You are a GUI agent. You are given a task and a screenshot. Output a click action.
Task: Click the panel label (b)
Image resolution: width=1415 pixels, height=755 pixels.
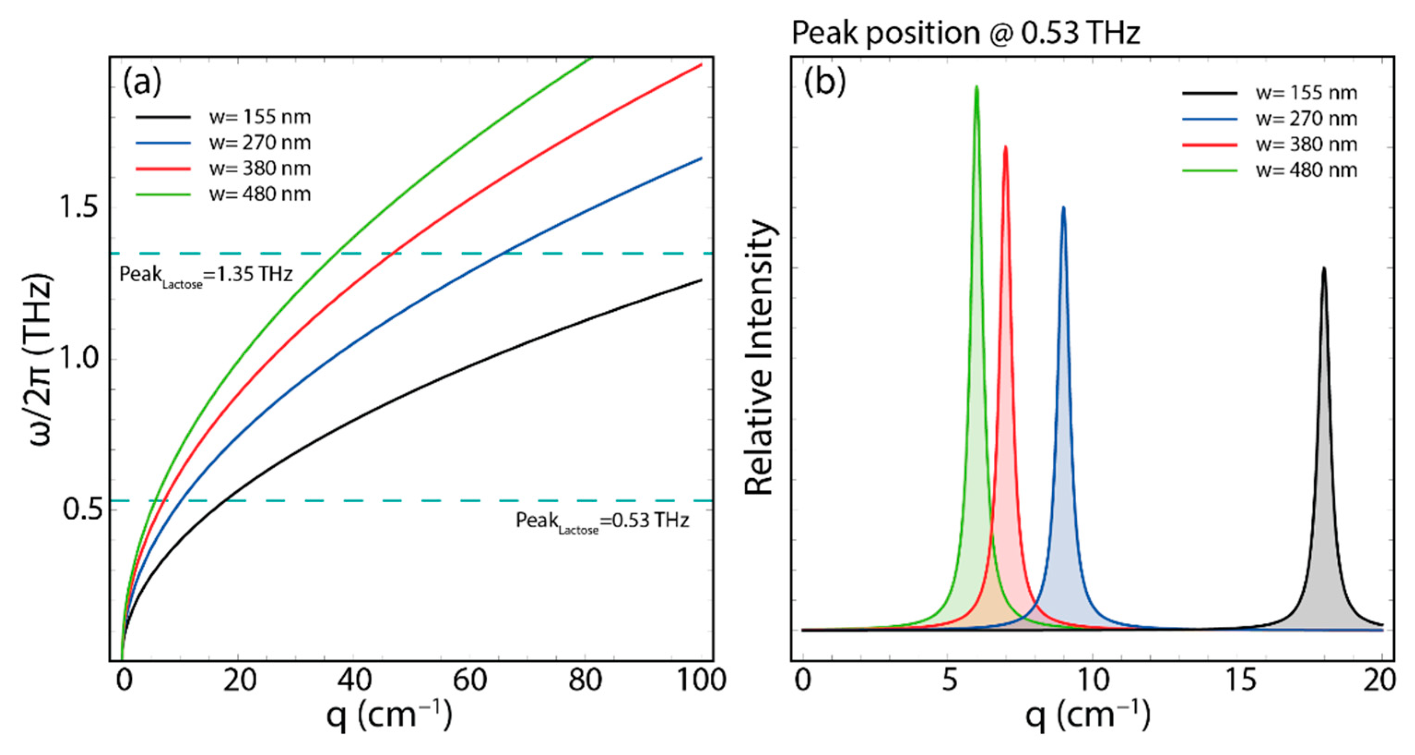pyautogui.click(x=825, y=82)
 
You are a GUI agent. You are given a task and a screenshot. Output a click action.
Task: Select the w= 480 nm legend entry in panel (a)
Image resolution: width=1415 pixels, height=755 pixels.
pyautogui.click(x=260, y=194)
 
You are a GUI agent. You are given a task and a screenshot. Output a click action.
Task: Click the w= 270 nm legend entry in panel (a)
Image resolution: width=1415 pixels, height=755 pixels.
pyautogui.click(x=260, y=143)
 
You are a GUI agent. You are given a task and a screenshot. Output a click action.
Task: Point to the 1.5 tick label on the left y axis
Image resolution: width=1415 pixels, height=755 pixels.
pyautogui.click(x=78, y=208)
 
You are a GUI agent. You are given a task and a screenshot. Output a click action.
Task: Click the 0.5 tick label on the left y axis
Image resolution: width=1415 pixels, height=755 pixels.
pyautogui.click(x=83, y=509)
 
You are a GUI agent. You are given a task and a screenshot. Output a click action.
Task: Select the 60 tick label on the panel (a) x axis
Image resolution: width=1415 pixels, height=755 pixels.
pyautogui.click(x=470, y=680)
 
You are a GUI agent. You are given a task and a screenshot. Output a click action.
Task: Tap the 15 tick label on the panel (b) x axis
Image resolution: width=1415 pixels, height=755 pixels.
pyautogui.click(x=1240, y=680)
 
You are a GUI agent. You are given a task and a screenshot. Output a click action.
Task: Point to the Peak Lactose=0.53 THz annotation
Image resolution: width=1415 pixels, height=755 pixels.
pyautogui.click(x=602, y=520)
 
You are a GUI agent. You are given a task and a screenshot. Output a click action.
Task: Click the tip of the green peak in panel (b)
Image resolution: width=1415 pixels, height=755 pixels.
pyautogui.click(x=976, y=87)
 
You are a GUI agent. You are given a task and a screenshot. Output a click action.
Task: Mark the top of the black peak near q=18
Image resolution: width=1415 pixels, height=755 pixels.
pyautogui.click(x=1324, y=268)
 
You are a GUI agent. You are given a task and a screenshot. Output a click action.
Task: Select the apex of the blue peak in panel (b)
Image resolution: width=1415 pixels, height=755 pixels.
pyautogui.click(x=1063, y=208)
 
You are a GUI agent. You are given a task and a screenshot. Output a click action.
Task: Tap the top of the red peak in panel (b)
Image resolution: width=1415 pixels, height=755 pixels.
pyautogui.click(x=1006, y=147)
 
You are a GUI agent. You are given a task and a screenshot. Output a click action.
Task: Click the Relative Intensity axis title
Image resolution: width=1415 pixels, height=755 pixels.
pyautogui.click(x=760, y=357)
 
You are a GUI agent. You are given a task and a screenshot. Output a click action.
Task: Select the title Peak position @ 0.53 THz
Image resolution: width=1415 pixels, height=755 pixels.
pyautogui.click(x=966, y=33)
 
